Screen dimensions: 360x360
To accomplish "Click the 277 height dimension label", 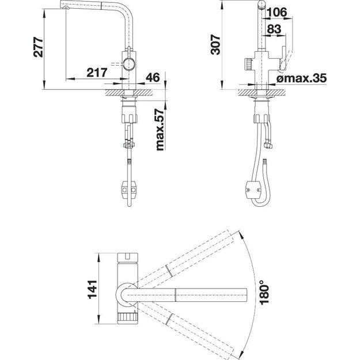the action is point(38,47).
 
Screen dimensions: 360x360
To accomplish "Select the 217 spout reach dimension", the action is point(97,73).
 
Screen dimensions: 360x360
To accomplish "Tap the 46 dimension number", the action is point(153,78).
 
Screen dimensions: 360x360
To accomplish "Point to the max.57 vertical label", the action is point(160,130).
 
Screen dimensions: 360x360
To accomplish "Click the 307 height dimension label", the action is point(215,44).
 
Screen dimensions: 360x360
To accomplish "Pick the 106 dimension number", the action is point(277,12).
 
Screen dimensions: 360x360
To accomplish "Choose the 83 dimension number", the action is point(274,29).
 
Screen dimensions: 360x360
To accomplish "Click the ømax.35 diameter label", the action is point(301,78).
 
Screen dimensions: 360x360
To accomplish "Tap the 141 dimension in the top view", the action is point(93,289).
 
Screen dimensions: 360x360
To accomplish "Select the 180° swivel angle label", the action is point(264,292).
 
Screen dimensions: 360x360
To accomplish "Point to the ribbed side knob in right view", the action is point(248,65).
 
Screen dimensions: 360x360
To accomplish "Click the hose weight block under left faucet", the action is point(129,190).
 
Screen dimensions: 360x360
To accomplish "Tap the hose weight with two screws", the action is point(253,190).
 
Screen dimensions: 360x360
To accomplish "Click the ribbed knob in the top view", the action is point(128,318).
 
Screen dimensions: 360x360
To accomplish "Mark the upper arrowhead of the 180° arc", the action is point(241,234).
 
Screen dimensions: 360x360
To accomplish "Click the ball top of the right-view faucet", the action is point(262,5).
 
